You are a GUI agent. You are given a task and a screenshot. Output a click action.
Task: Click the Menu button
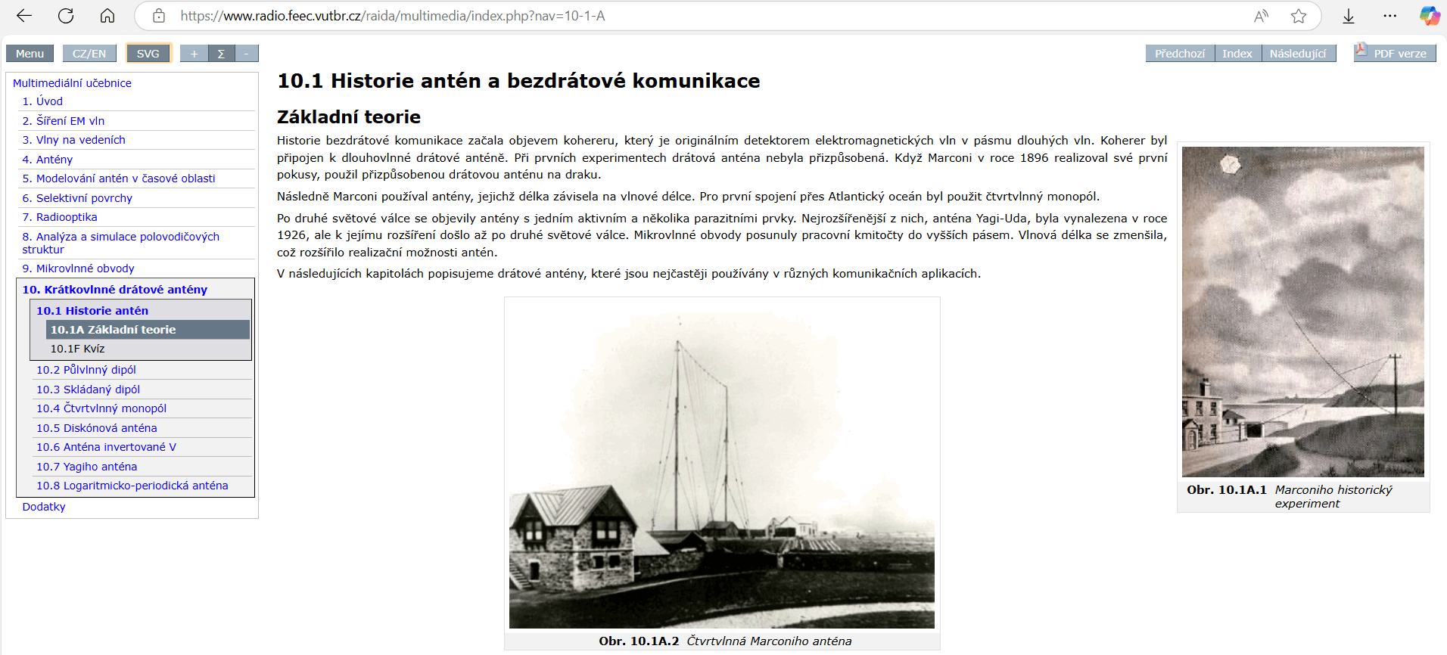[x=30, y=54]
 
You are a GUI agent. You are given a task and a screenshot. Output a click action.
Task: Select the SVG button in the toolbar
[x=148, y=54]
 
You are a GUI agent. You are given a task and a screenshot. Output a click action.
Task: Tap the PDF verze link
[x=1399, y=54]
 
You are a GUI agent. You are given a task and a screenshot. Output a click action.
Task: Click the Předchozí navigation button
[x=1180, y=54]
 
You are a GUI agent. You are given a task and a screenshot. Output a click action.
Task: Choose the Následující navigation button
[x=1298, y=54]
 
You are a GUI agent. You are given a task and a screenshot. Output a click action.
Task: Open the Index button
[x=1237, y=54]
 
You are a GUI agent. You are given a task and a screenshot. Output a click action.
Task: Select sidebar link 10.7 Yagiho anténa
[x=87, y=467]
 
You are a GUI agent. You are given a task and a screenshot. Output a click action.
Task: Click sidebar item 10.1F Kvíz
[x=78, y=349]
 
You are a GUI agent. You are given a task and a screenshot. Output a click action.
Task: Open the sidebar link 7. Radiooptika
[x=60, y=217]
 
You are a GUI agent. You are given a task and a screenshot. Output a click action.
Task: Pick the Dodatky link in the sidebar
[x=44, y=507]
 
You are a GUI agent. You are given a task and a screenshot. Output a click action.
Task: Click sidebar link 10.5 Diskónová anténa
[x=97, y=428]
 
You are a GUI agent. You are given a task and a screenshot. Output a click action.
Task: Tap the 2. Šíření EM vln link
[x=64, y=121]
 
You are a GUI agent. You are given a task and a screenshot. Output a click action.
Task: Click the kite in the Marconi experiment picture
[x=1231, y=163]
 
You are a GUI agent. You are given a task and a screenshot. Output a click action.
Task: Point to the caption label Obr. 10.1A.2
[x=639, y=641]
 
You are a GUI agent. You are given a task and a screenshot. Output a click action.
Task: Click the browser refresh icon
[x=66, y=16]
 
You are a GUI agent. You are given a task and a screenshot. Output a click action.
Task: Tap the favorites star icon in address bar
[x=1299, y=16]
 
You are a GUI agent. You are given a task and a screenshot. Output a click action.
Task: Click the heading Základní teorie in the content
[x=349, y=117]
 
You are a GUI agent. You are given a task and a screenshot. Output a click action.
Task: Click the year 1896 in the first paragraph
[x=1035, y=158]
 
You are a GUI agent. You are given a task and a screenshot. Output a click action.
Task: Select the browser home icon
[x=107, y=16]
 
